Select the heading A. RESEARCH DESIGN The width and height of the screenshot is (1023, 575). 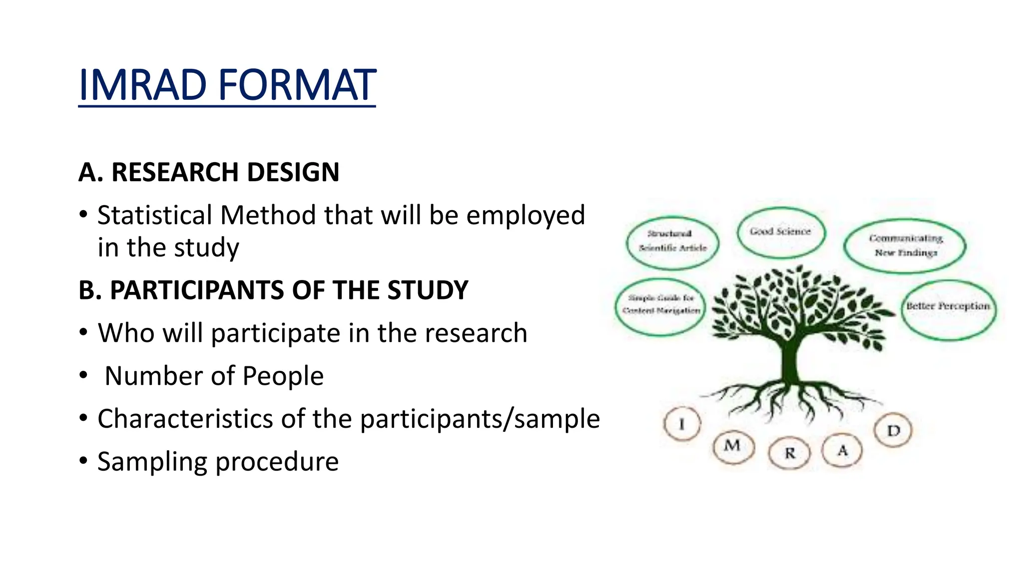click(209, 172)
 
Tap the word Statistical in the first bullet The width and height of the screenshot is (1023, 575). click(154, 216)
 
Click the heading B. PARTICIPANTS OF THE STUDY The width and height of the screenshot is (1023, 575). click(273, 290)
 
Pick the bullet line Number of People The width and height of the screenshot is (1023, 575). click(214, 376)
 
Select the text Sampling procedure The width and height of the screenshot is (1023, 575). click(218, 461)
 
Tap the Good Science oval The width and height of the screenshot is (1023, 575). click(780, 232)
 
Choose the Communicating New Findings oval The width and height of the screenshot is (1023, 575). click(905, 246)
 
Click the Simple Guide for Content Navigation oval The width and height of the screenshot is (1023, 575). click(660, 305)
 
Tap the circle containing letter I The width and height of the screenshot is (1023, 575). click(682, 424)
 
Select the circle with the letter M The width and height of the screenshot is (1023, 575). click(732, 446)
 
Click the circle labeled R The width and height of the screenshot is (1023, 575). click(790, 453)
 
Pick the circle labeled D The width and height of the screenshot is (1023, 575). click(893, 430)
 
